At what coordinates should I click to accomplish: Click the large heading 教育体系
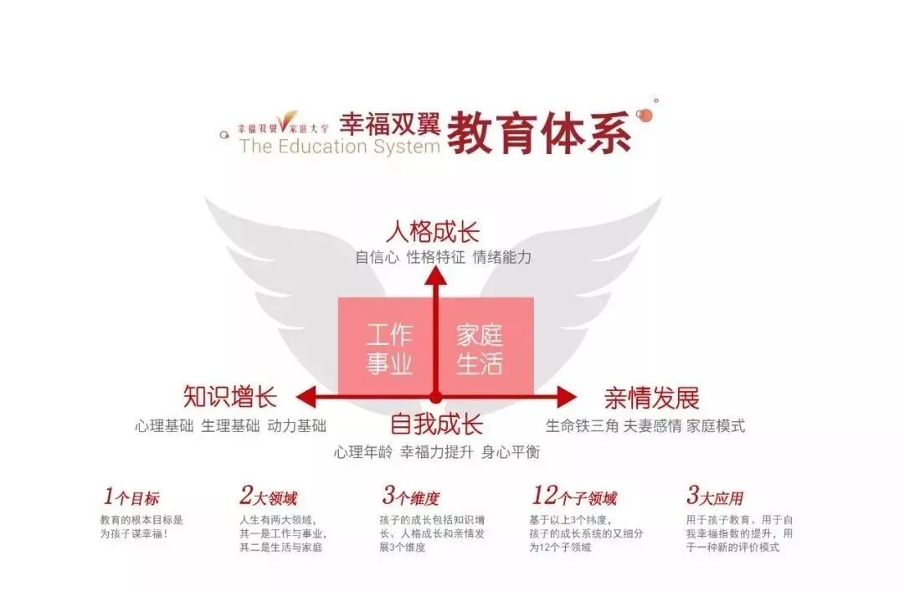(x=539, y=131)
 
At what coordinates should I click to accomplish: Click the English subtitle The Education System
(x=339, y=147)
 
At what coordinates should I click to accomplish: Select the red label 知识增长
(x=229, y=396)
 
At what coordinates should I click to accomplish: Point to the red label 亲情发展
(x=651, y=398)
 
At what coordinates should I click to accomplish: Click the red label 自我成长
(x=436, y=425)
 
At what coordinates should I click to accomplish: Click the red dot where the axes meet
(x=435, y=396)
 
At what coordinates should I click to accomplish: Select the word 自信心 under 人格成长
(x=377, y=258)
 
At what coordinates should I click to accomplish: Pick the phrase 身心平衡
(x=511, y=452)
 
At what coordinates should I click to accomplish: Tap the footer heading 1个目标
(x=131, y=497)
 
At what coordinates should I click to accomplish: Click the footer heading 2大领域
(x=268, y=497)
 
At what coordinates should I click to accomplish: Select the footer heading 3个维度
(x=411, y=497)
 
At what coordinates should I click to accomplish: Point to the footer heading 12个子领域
(x=574, y=497)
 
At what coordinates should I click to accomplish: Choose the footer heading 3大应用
(x=715, y=497)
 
